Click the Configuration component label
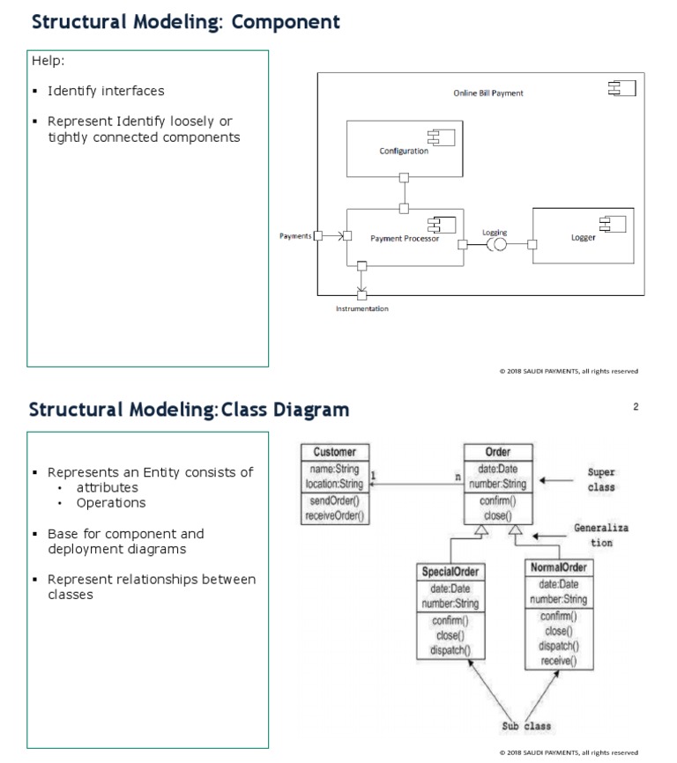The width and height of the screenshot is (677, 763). pos(404,151)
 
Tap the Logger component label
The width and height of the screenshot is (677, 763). pos(583,238)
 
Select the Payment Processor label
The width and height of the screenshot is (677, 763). pos(405,239)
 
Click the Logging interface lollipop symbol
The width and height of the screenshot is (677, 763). pos(496,244)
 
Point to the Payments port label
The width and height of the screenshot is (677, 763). pos(295,236)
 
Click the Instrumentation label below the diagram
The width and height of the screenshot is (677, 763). pos(362,308)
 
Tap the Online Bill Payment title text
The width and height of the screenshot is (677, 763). pos(488,93)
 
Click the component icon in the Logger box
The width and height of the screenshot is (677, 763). pos(613,224)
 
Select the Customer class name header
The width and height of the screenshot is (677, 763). pos(334,452)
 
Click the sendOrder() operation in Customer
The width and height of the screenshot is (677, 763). pos(334,500)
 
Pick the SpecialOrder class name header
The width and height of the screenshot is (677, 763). pos(450,572)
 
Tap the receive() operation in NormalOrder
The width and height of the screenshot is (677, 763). pos(559,660)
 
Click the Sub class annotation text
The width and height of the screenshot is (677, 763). pos(526,726)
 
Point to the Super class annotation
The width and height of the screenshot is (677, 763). pos(601,479)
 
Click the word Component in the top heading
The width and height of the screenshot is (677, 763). pos(286,22)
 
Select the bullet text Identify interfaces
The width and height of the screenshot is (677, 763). pos(106,91)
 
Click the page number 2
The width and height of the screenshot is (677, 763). pos(636,406)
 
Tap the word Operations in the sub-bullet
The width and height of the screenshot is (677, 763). pos(111,503)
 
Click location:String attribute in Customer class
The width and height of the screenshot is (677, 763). pos(334,484)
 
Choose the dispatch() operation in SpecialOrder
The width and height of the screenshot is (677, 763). pos(450,650)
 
